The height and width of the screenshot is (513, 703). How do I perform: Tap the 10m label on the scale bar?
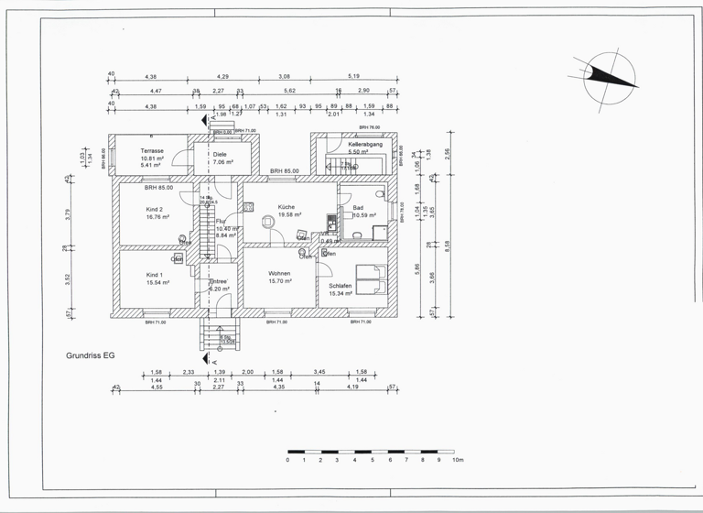tap(459, 460)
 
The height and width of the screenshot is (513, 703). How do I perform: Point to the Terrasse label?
tap(152, 150)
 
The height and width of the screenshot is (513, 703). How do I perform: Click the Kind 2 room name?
tap(154, 210)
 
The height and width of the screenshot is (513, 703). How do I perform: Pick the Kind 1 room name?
tap(154, 275)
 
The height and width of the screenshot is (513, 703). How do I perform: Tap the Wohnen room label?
tap(280, 274)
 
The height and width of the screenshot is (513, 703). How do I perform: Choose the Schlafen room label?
tap(341, 286)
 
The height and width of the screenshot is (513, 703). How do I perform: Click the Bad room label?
tap(358, 208)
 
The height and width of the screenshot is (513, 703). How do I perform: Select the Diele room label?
tap(220, 154)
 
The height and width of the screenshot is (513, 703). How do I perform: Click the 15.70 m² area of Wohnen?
tap(280, 282)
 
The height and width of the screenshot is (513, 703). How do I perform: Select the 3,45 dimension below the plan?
tap(319, 372)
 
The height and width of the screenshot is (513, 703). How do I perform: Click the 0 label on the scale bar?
tap(287, 460)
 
